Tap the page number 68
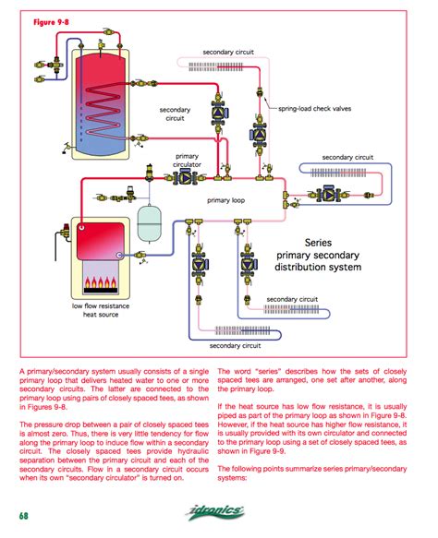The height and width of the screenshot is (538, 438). tap(20, 515)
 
